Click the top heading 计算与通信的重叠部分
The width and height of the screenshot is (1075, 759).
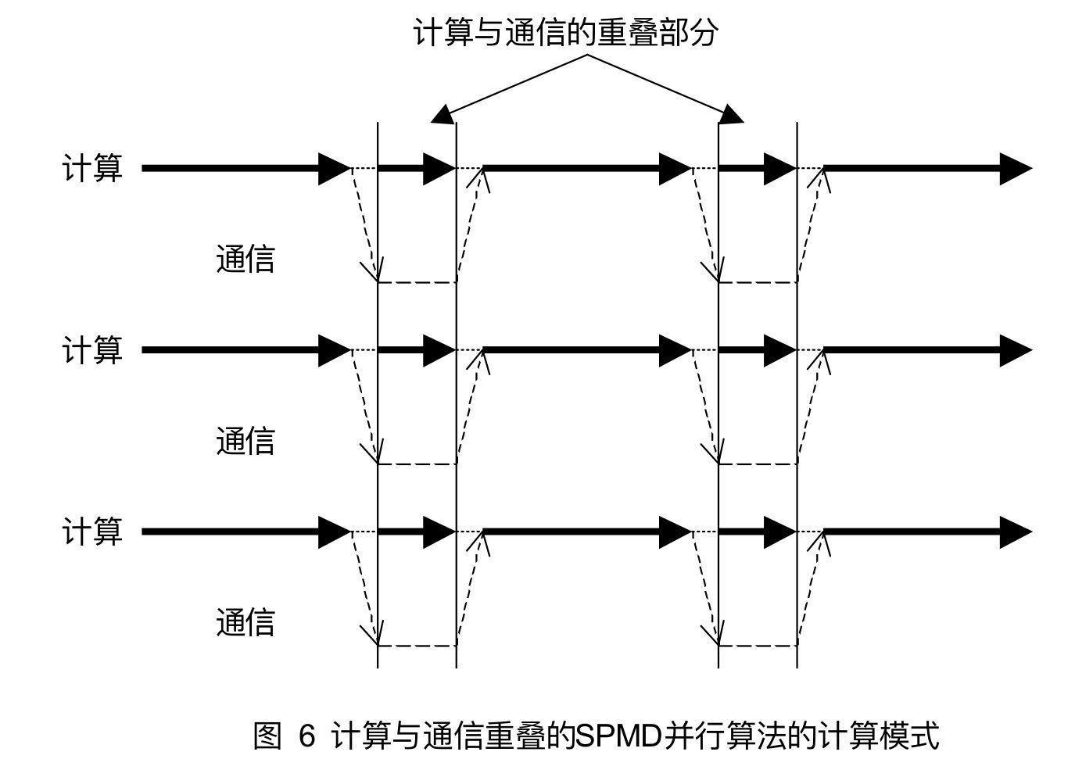(564, 33)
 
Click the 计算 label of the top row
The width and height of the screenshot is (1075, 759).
(92, 168)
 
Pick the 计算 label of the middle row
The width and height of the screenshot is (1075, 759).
(92, 350)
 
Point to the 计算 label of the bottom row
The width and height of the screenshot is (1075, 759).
(92, 532)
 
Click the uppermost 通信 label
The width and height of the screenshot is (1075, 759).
(245, 259)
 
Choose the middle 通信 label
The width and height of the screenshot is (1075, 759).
(245, 441)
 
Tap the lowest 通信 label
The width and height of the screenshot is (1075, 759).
(245, 623)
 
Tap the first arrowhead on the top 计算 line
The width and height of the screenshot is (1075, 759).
(334, 168)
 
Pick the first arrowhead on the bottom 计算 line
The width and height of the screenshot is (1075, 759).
(334, 532)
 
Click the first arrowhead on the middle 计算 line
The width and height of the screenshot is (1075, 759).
(334, 350)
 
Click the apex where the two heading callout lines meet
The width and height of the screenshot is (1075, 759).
(587, 55)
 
